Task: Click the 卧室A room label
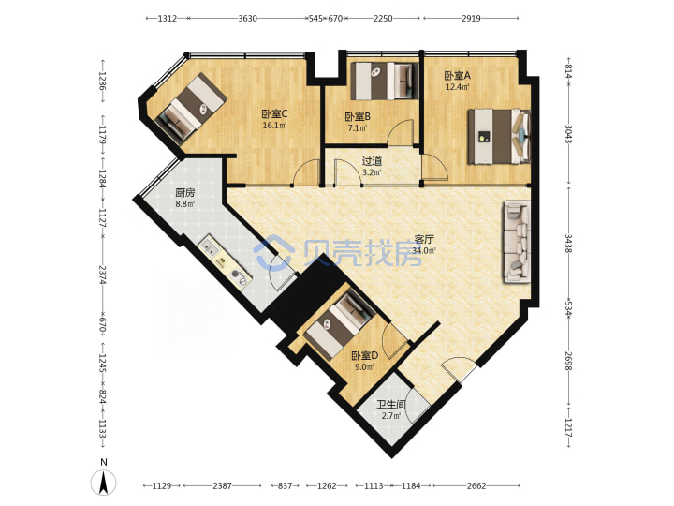point(457,76)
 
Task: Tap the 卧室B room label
point(358,116)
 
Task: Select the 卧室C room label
point(274,114)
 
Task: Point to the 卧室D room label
point(365,356)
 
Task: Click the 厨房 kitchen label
point(184,193)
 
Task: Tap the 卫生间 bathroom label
point(391,405)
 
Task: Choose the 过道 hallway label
point(372,161)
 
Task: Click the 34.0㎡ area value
point(424,251)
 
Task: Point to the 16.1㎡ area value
point(274,126)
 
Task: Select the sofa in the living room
point(517,242)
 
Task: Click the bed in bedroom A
point(500,137)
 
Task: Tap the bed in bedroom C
point(192,108)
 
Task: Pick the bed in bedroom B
point(385,81)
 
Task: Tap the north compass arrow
point(104,483)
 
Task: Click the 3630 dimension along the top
point(247,18)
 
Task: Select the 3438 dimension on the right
point(568,244)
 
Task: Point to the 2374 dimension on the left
point(102,275)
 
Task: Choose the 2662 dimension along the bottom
point(476,485)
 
